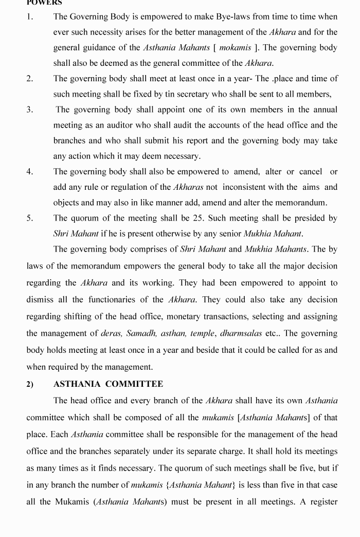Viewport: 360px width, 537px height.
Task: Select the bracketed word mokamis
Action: click(x=235, y=48)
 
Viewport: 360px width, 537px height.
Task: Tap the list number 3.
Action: click(x=30, y=110)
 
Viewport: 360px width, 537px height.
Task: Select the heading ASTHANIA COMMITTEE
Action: click(x=108, y=384)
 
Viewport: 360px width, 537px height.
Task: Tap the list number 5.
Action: click(x=30, y=218)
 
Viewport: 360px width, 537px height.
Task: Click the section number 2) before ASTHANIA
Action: click(x=30, y=385)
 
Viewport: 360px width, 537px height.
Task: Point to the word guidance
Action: click(x=105, y=48)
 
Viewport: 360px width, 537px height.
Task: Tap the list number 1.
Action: click(x=30, y=17)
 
